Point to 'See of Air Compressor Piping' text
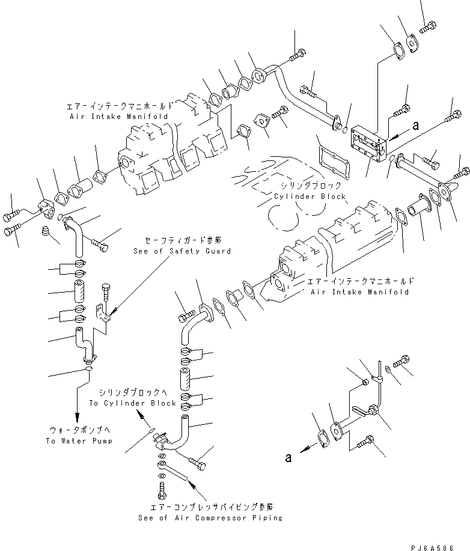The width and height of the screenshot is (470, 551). [210, 517]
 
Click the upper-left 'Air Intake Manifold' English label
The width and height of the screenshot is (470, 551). [118, 115]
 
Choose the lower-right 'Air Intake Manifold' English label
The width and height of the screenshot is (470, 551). [359, 291]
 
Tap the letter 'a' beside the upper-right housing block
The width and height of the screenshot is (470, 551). [415, 126]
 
